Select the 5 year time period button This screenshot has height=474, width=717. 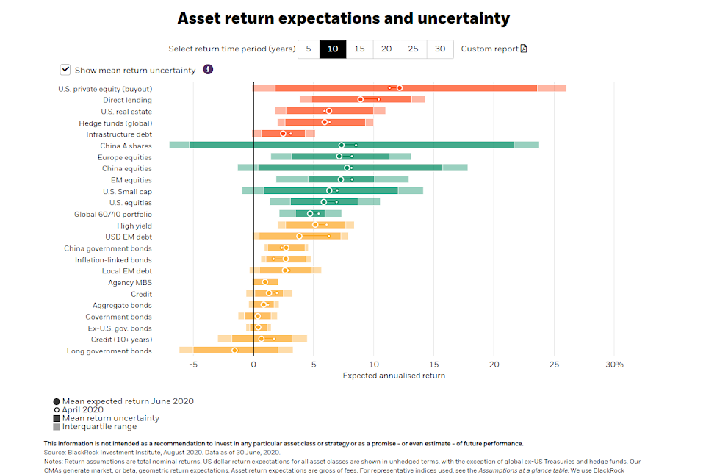click(x=309, y=49)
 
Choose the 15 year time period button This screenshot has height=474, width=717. click(x=359, y=49)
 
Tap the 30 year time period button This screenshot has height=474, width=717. click(x=440, y=49)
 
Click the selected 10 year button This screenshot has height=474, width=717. click(x=333, y=49)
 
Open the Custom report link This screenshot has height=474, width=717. click(x=494, y=49)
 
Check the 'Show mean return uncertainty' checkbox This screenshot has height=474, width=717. click(x=65, y=70)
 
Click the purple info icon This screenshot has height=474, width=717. click(x=208, y=70)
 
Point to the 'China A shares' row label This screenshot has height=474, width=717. click(x=126, y=146)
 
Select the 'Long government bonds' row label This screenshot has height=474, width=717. click(x=109, y=351)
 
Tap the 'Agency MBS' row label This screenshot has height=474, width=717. click(x=130, y=283)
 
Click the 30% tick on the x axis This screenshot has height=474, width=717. click(x=614, y=365)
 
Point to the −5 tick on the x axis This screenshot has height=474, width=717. click(x=193, y=365)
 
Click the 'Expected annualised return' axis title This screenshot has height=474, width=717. click(x=394, y=376)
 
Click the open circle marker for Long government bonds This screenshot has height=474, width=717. click(x=235, y=351)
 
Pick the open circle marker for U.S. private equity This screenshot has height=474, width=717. click(x=400, y=88)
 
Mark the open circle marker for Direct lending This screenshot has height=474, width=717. click(x=360, y=99)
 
